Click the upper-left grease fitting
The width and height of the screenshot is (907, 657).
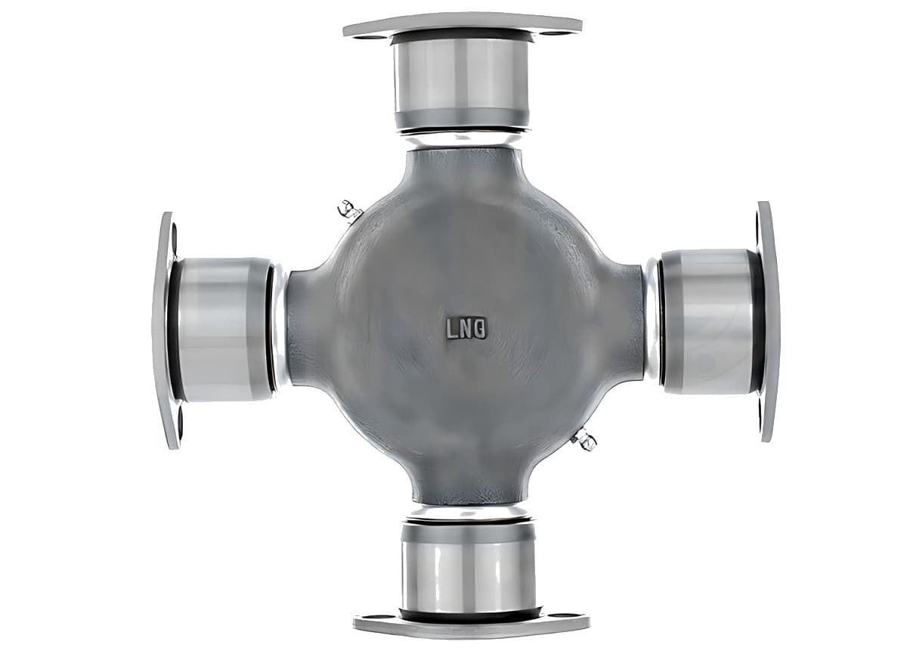pos(349,211)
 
